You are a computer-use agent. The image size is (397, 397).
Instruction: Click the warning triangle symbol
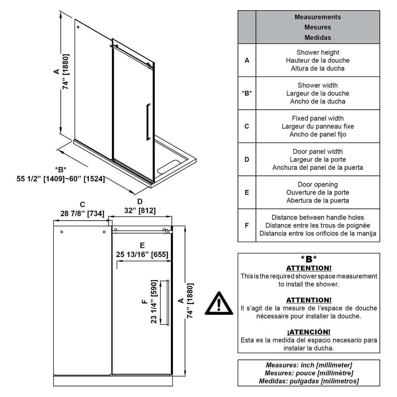[x=219, y=304]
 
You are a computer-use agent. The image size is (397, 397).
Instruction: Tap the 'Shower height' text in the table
[x=318, y=52]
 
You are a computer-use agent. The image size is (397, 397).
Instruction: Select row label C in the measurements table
[x=247, y=126]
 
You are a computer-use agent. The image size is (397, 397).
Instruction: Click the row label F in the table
[x=247, y=225]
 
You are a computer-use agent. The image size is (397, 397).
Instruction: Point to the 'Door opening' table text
[x=318, y=185]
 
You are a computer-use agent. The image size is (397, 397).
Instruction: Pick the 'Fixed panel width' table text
[x=318, y=118]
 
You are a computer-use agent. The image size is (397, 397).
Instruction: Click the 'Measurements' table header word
[x=318, y=17]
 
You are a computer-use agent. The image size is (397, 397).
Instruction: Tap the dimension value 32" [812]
[x=140, y=211]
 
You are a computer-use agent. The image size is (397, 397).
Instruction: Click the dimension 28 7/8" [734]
[x=82, y=213]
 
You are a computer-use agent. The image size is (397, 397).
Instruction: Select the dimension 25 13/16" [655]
[x=142, y=254]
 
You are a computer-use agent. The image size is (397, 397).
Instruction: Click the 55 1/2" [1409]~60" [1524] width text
[x=61, y=179]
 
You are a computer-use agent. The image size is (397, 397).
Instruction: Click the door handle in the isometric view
[x=148, y=121]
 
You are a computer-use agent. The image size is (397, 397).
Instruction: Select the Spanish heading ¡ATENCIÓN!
[x=309, y=332]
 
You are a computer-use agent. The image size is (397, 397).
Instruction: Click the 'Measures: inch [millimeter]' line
[x=309, y=365]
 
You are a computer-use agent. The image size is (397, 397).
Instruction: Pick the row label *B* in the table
[x=247, y=93]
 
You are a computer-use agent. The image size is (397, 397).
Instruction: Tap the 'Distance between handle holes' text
[x=318, y=217]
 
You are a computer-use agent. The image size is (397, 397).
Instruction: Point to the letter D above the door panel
[x=140, y=202]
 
